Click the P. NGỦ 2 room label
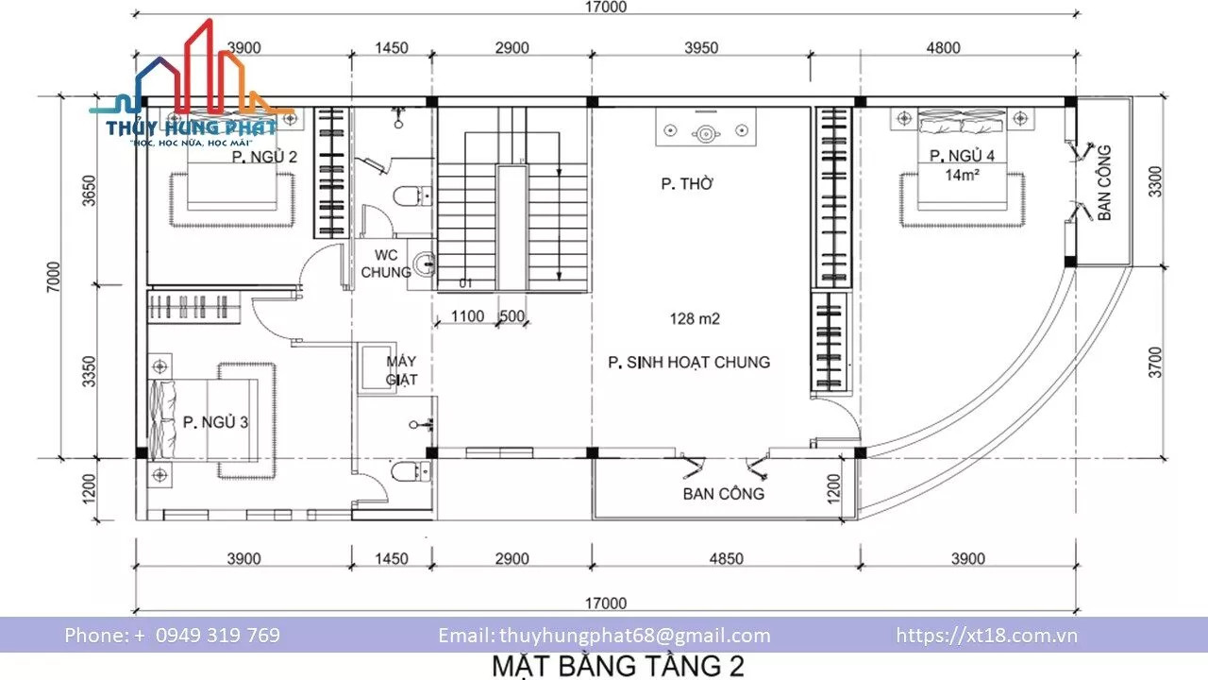(264, 157)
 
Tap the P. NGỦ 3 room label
(215, 422)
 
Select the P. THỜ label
(687, 184)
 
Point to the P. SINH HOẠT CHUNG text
(689, 362)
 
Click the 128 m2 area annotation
(695, 319)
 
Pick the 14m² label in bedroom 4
(962, 175)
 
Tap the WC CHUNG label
(386, 263)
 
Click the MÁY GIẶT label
(401, 370)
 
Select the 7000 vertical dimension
(54, 277)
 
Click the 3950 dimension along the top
(701, 48)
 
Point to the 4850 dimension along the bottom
(726, 558)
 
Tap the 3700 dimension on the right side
(1154, 362)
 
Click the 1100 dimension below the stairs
(467, 315)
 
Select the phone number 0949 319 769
(218, 636)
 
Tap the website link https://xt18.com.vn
(987, 636)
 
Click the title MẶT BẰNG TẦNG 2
(618, 666)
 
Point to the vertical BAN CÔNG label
(1104, 183)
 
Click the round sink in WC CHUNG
(424, 264)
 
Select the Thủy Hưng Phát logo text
(191, 127)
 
